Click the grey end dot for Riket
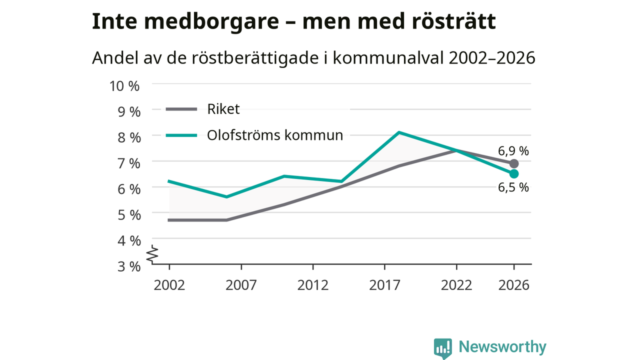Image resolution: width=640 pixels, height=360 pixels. (514, 163)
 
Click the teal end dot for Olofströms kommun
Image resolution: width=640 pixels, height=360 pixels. (514, 173)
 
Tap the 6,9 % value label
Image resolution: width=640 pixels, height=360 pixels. (513, 151)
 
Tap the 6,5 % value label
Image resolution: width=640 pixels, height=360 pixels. (513, 187)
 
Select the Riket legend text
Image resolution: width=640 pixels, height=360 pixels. (223, 109)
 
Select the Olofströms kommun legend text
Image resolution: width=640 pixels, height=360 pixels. (275, 135)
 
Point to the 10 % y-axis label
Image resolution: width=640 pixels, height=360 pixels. (124, 86)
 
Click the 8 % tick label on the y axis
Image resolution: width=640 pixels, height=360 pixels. (129, 137)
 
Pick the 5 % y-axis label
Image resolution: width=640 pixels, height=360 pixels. (129, 215)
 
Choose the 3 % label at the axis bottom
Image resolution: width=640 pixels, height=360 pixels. (129, 266)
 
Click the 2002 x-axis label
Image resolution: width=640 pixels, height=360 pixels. (169, 285)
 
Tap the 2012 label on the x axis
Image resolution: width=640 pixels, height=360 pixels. (313, 285)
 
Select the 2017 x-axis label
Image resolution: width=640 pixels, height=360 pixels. (384, 285)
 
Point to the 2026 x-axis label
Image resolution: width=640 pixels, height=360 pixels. (513, 285)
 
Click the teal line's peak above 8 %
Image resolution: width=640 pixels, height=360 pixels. (399, 132)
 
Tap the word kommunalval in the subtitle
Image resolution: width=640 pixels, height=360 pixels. (388, 57)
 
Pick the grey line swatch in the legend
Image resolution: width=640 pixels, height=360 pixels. (181, 109)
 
